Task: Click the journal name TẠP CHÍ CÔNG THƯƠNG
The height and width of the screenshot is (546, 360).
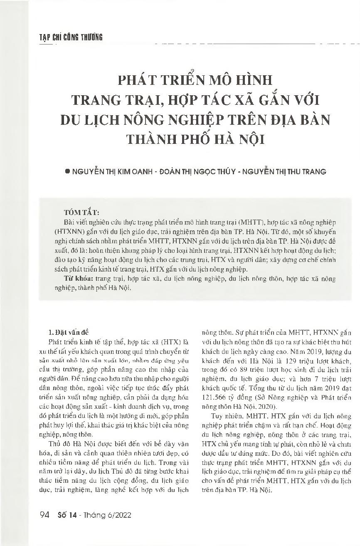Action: point(67,37)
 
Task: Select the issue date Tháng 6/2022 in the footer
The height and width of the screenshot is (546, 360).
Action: point(111,515)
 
